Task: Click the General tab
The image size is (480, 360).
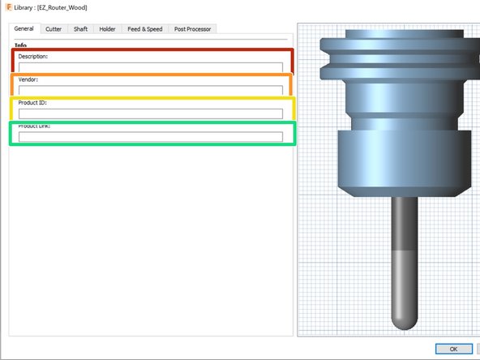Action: tap(24, 29)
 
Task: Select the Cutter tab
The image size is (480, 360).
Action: tap(54, 29)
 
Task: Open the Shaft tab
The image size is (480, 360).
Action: tap(80, 29)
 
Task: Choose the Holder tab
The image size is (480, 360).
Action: tap(107, 29)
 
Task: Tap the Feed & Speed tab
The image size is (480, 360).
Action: tap(144, 29)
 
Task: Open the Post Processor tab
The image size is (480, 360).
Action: tap(192, 29)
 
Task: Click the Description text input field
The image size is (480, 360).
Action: tap(151, 67)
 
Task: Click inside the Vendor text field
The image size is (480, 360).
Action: tap(151, 90)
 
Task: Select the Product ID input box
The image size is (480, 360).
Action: tap(151, 114)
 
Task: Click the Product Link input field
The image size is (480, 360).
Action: tap(151, 137)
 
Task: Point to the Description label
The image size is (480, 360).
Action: tap(33, 57)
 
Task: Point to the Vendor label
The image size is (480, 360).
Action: tap(28, 79)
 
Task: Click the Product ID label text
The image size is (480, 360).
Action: tap(34, 103)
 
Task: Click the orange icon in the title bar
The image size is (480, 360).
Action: tap(8, 7)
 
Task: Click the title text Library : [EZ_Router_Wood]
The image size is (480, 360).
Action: tap(50, 7)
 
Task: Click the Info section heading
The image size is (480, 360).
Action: tap(20, 45)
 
